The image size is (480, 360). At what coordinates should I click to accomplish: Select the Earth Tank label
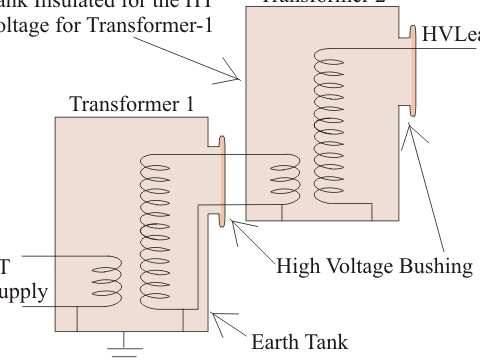pyautogui.click(x=299, y=341)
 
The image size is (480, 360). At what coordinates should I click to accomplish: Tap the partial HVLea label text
pyautogui.click(x=450, y=33)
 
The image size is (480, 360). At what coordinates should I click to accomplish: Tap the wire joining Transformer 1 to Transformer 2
pyautogui.click(x=250, y=154)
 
